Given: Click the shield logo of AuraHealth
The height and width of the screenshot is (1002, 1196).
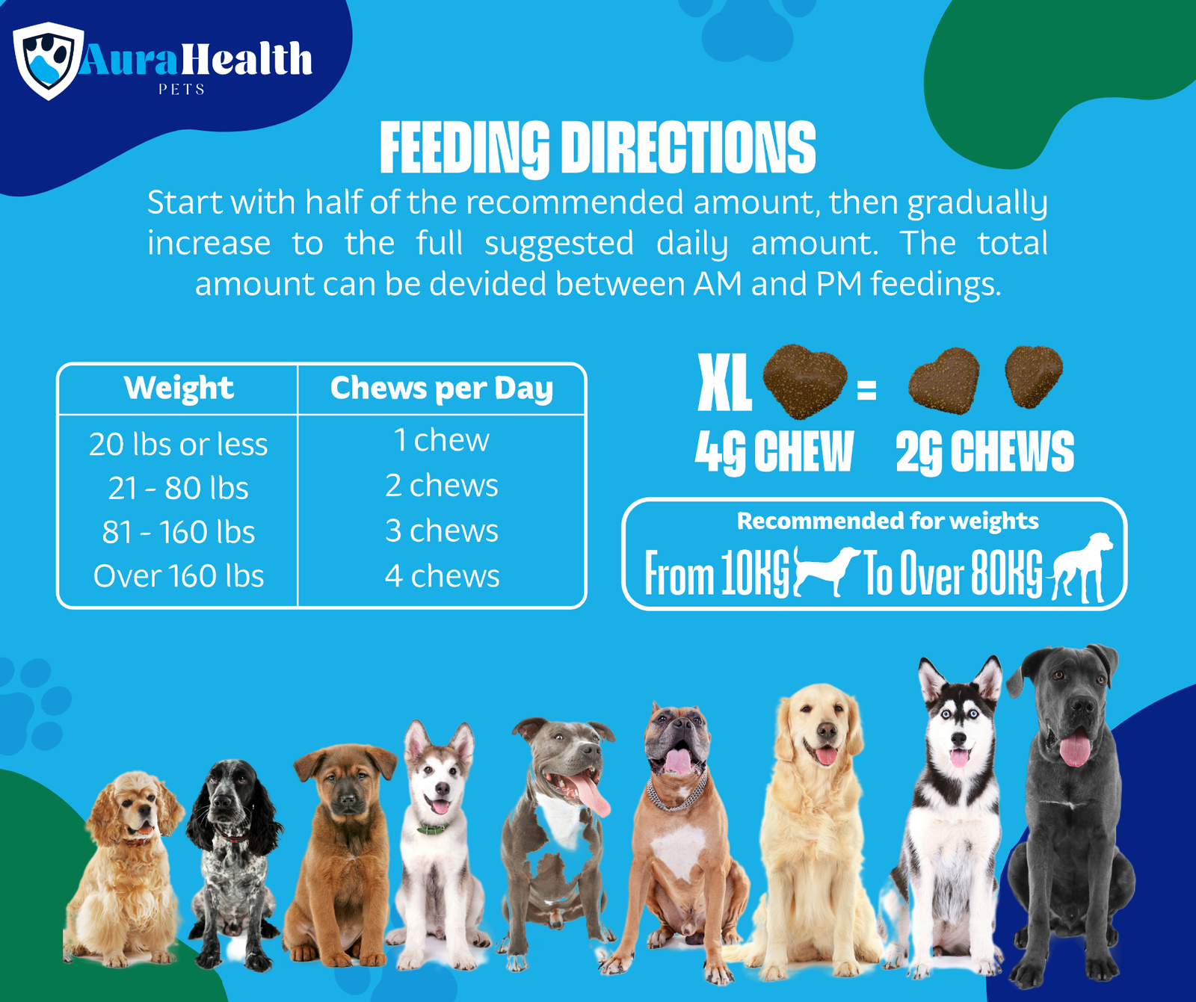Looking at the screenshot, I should coord(48,60).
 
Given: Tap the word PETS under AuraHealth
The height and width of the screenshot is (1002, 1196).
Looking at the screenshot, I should coord(182,90).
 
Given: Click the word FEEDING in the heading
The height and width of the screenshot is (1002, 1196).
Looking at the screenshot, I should coord(464,148).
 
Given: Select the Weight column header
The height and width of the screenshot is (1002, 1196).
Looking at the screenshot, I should coord(179,388).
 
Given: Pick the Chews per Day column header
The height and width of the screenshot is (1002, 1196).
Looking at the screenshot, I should coord(441,388).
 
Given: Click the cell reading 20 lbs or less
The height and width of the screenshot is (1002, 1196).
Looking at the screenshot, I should coord(178,445).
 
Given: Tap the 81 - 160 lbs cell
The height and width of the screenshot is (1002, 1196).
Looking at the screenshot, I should coord(178,532).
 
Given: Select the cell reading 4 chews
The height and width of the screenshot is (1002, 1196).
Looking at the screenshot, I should coord(442,576).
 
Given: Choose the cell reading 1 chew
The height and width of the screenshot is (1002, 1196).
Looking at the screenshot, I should coord(441,440).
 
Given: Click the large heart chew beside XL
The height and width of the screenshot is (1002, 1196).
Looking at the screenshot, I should coord(804,379).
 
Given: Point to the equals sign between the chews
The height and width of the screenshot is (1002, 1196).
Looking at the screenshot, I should coord(866,390).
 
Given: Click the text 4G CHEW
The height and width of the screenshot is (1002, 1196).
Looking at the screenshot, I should coord(774,452).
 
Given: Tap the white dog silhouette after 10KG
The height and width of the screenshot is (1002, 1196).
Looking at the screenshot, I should coord(825,570).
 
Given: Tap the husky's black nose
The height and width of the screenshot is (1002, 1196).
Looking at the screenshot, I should coord(959,739).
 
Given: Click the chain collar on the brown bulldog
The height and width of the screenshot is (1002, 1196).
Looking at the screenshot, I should coord(676,795).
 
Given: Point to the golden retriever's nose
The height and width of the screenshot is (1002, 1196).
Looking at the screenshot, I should coord(826,731).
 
